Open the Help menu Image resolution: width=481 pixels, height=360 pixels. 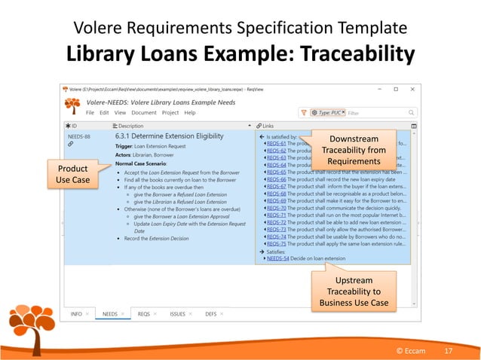coord(190,112)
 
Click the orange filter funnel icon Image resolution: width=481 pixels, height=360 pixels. coord(304,112)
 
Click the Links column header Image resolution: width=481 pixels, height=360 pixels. coord(268,126)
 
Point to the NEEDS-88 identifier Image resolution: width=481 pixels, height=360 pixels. coord(79,136)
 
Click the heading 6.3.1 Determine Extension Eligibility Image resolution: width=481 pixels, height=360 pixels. coord(169,136)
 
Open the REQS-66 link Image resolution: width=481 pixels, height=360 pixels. coord(278,180)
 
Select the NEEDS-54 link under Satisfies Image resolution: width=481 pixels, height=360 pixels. coord(280,258)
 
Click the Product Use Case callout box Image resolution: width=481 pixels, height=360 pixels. coord(73,173)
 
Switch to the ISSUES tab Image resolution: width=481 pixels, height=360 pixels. coord(178,313)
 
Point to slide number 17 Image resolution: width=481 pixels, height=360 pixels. coord(448,351)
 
